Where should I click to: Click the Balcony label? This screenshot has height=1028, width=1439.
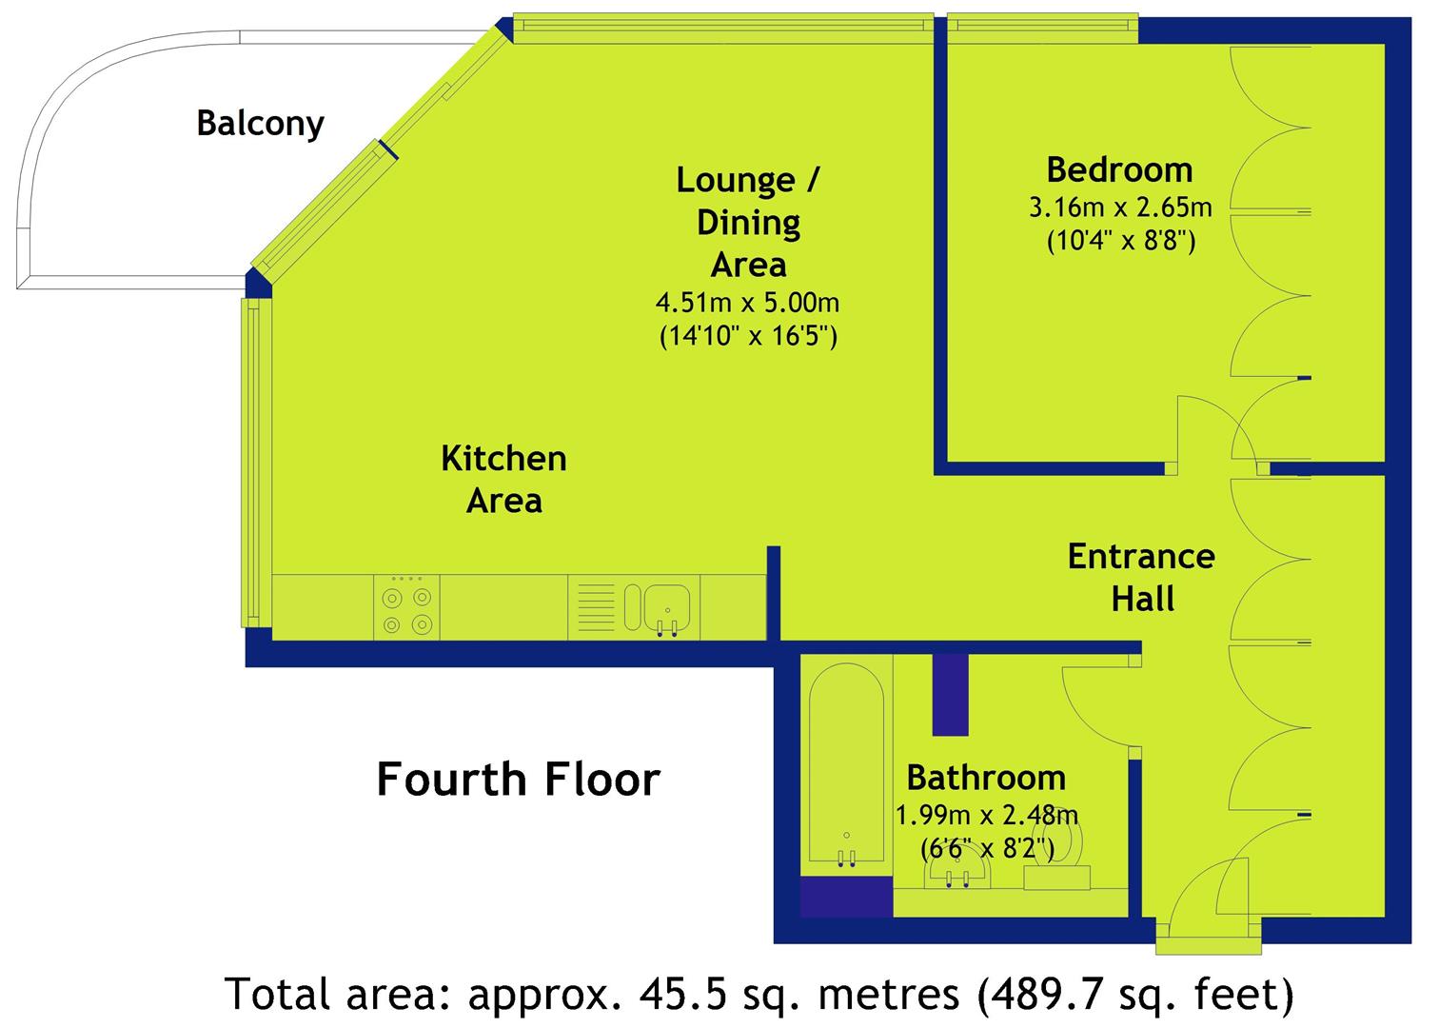tap(260, 124)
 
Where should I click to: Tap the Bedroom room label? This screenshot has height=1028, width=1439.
tap(1120, 170)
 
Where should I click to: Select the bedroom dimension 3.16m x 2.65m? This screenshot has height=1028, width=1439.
tap(1120, 208)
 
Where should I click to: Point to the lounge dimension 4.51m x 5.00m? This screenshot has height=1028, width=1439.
tap(747, 303)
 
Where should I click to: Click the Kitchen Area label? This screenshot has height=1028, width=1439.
tap(503, 480)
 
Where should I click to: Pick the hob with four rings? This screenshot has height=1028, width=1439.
tap(406, 608)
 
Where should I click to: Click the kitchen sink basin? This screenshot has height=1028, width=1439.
tap(667, 607)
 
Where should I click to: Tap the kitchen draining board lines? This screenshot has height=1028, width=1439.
tap(596, 607)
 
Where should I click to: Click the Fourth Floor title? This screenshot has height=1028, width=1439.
tap(518, 780)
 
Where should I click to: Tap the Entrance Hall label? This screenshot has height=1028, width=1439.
tap(1141, 578)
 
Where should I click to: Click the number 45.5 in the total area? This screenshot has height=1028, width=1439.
tap(683, 994)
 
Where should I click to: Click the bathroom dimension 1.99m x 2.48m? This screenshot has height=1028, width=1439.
tap(987, 816)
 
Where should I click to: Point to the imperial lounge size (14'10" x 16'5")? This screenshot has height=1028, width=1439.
tap(748, 336)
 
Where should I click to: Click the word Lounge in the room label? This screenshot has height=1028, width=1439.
tap(736, 180)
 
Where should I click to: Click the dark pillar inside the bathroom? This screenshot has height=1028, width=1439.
tap(950, 695)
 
